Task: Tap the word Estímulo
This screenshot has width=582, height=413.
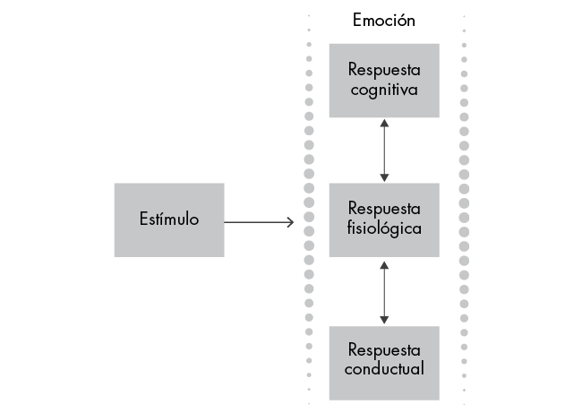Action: click(x=168, y=219)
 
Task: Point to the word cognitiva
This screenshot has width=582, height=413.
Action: click(x=383, y=90)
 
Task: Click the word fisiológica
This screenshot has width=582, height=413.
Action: click(x=383, y=228)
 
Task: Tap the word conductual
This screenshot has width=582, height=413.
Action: click(x=383, y=368)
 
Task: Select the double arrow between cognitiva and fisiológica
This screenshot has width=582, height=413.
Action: click(x=384, y=151)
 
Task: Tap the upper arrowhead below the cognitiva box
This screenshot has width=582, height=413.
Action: click(x=384, y=124)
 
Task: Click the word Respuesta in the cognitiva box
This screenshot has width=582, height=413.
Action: click(x=383, y=71)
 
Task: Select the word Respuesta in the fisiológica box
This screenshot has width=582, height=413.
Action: click(x=383, y=210)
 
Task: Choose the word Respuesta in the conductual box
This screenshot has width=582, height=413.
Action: click(x=383, y=349)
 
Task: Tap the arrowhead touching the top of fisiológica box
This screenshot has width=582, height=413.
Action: click(x=384, y=177)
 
